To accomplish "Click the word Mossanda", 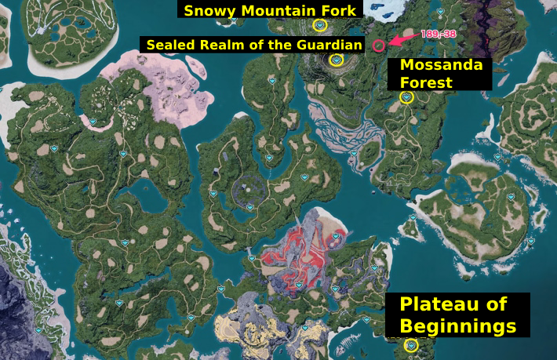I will (441, 65).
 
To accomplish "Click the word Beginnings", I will (457, 325).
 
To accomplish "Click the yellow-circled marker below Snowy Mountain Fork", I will (319, 25).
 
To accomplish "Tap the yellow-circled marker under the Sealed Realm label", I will (337, 60).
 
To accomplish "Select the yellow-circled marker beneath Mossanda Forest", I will (406, 97).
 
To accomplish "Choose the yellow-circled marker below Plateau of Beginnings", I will (410, 346).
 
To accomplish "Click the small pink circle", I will (379, 45).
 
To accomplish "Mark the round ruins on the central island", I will (250, 189).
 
